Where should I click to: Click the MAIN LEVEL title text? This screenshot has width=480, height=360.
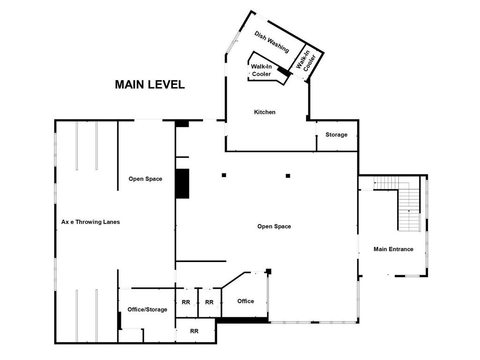coord(150,85)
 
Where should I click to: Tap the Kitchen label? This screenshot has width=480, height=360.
coord(264,112)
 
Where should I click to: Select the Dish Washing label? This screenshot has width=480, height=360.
coord(271,42)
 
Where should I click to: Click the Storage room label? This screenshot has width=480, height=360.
coord(337,135)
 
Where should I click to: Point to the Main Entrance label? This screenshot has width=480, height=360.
coord(393,249)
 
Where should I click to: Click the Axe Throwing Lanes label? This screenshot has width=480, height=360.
coord(90,222)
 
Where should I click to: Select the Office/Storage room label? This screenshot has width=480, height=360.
coord(147,309)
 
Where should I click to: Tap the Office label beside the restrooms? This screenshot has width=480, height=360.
coord(246,301)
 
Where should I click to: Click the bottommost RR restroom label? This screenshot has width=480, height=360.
coord(194,331)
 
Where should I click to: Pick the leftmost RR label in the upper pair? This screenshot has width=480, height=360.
coord(186,302)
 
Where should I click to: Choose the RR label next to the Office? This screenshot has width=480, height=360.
coord(210,302)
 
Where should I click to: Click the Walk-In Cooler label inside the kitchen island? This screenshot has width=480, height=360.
coord(262,71)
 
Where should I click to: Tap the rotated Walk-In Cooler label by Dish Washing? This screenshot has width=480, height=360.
coord(307,61)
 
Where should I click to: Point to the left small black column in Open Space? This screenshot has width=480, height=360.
coord(224,175)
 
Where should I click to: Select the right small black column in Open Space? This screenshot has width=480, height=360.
coord(288,176)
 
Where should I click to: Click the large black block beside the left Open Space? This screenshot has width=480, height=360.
coord(182,183)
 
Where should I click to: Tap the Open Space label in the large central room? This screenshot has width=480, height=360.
coord(274,226)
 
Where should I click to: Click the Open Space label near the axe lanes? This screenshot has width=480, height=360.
coord(145,179)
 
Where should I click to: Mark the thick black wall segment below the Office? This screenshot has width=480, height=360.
coord(242,320)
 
